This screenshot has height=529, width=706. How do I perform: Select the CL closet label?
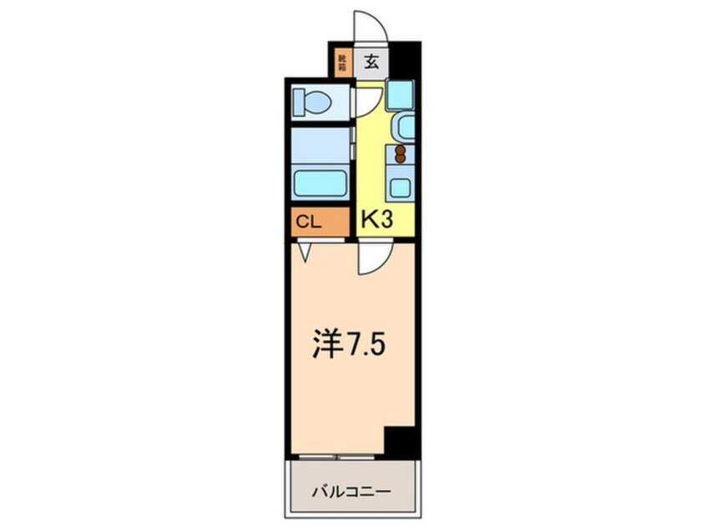click(x=307, y=222)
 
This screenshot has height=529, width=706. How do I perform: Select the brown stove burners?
click(x=401, y=154)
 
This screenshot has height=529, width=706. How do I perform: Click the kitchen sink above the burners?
click(x=406, y=128)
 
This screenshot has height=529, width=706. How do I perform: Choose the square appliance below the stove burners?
click(x=401, y=186)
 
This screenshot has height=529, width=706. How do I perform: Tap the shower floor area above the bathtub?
click(x=320, y=145)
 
